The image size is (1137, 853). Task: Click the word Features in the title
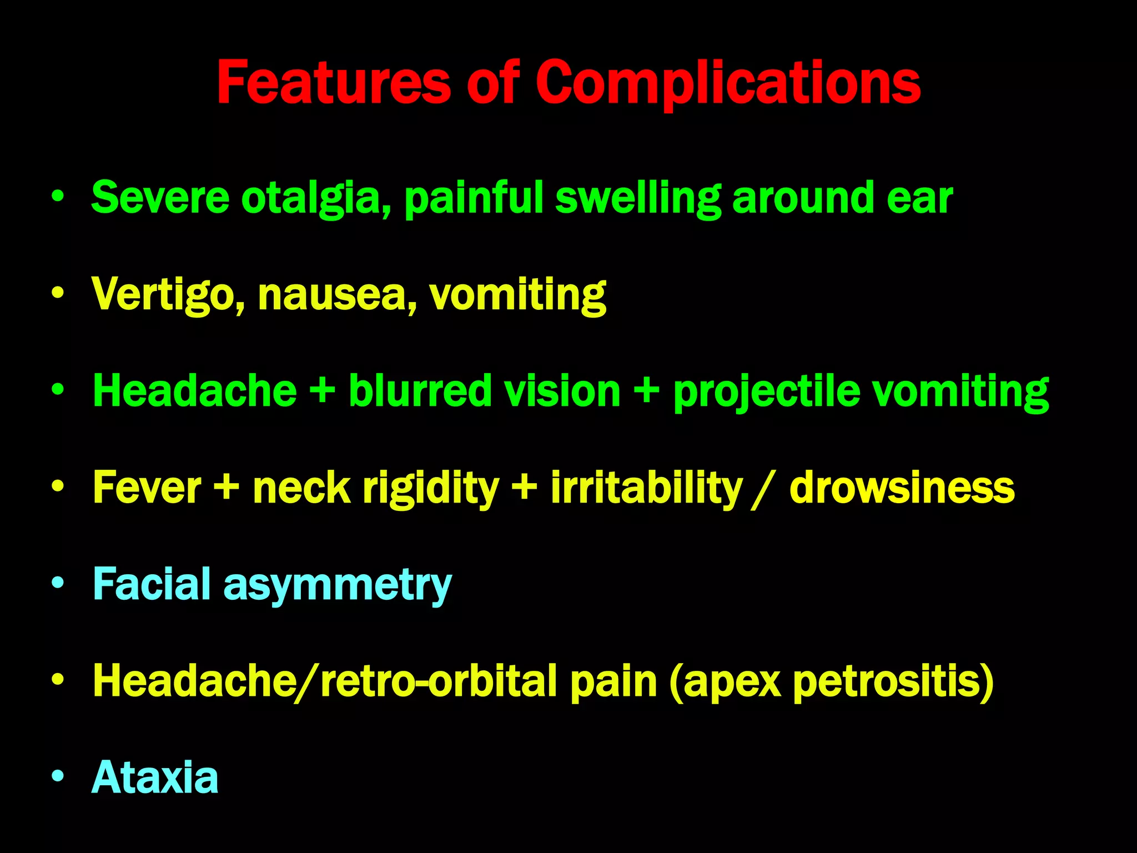point(333,83)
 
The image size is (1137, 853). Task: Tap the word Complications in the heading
point(728,83)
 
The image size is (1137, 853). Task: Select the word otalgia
point(316,198)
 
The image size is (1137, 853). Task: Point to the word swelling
point(638,198)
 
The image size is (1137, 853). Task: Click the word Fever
point(147,488)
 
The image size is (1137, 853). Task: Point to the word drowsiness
point(902,488)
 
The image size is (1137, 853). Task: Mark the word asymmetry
point(338,584)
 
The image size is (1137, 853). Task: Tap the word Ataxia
point(155,777)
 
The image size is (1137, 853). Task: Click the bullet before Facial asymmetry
point(58,583)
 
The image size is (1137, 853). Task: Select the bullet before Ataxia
point(58,776)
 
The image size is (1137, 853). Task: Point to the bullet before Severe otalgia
point(58,197)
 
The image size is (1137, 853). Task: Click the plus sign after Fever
point(227,488)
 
